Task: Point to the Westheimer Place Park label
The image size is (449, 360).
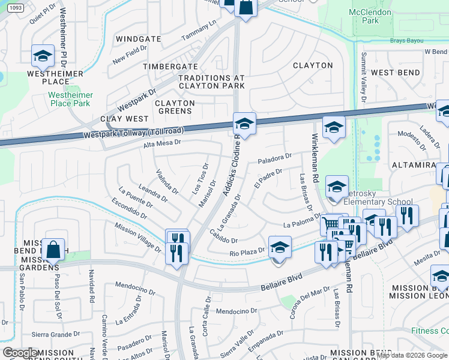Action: pos(71,99)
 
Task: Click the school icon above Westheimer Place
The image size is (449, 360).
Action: pos(43,56)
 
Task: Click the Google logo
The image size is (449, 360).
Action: pos(20,352)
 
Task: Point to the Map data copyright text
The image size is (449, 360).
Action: pos(412,355)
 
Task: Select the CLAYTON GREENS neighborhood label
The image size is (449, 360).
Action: pos(175,107)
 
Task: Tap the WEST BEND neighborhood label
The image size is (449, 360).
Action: pos(395,73)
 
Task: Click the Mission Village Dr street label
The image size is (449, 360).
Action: pos(137,236)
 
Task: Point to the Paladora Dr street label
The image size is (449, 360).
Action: pos(274,159)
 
